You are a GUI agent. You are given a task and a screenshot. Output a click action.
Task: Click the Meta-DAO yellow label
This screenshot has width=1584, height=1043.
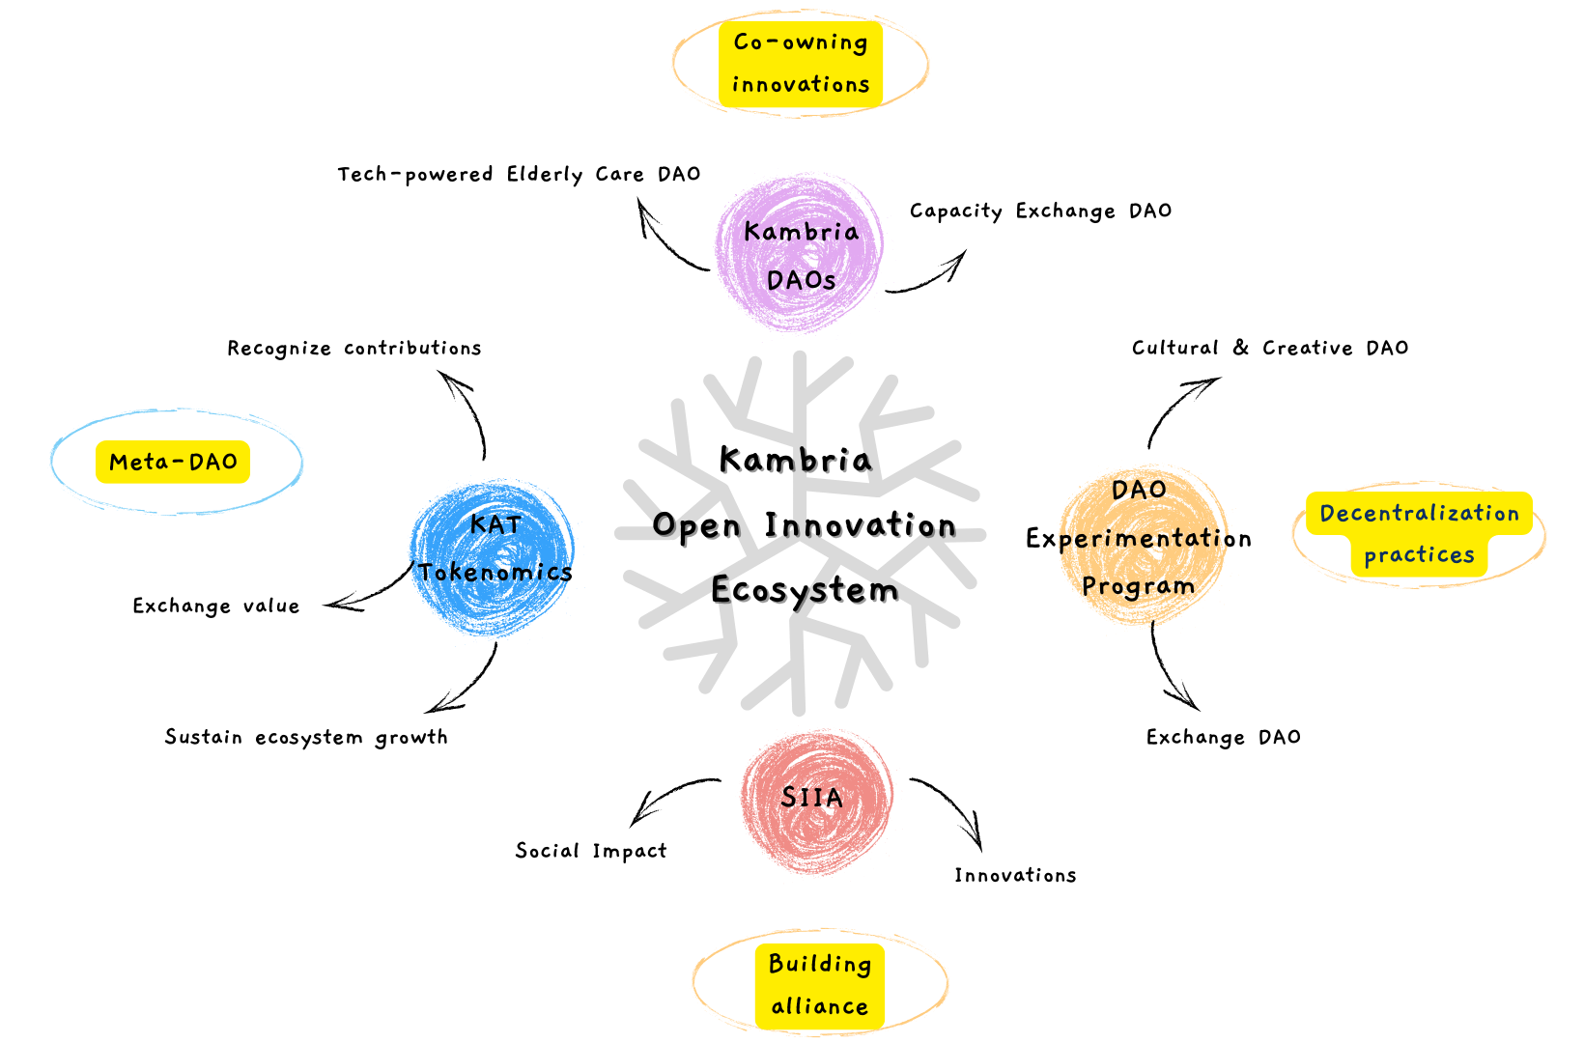[173, 462]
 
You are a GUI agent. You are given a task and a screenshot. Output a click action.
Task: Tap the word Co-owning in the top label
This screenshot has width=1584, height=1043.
[800, 42]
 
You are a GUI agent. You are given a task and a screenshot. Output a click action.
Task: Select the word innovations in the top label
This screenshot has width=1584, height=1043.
[800, 85]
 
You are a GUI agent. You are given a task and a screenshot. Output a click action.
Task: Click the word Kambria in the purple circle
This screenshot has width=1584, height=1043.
[801, 232]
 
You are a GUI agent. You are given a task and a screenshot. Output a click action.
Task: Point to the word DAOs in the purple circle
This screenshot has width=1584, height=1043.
[801, 280]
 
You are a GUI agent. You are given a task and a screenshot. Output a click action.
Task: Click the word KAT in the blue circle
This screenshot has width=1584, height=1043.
[495, 524]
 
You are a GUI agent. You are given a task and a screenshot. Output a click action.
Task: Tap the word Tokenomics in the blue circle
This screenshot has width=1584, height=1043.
[496, 572]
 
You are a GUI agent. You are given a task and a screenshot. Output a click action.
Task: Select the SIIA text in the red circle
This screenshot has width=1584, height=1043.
[811, 798]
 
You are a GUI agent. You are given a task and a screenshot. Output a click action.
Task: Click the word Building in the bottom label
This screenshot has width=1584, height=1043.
[819, 964]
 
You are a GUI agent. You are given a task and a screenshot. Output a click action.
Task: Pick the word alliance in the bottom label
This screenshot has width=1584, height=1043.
[819, 1007]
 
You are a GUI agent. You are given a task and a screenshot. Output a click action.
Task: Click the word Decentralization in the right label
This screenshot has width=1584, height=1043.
[1419, 514]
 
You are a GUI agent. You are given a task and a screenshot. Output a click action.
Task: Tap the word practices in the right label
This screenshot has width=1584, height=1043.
[1419, 555]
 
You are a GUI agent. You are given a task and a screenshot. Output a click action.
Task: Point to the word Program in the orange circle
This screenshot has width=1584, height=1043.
[1138, 586]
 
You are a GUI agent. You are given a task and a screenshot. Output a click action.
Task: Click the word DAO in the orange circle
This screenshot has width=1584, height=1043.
[1138, 491]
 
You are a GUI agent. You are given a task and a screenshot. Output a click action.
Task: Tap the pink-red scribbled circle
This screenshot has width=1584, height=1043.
[816, 840]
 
